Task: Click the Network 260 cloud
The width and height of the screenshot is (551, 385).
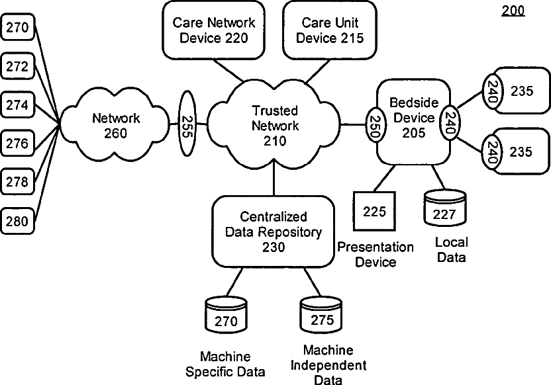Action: point(115,124)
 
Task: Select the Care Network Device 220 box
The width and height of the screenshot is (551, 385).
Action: point(214,30)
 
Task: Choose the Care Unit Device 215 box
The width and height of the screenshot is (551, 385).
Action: point(330,30)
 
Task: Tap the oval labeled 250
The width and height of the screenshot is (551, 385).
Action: point(375,124)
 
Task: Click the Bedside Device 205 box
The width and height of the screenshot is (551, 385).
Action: point(413,122)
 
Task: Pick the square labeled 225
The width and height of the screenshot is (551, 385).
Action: point(374,211)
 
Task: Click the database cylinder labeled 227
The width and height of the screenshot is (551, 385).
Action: point(445,208)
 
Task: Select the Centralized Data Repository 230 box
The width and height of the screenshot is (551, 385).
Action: point(274,232)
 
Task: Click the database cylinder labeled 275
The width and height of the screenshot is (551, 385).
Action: point(321,315)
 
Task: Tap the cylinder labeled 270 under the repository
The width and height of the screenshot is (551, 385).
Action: point(226,315)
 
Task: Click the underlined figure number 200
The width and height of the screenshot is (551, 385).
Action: point(513,11)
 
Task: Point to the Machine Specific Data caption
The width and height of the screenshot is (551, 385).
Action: point(225,364)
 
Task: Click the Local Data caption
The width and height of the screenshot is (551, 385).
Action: point(452,249)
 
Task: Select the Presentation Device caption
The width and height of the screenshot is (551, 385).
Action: point(376,255)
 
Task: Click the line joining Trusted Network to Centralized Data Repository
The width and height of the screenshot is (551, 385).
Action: point(274,181)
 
